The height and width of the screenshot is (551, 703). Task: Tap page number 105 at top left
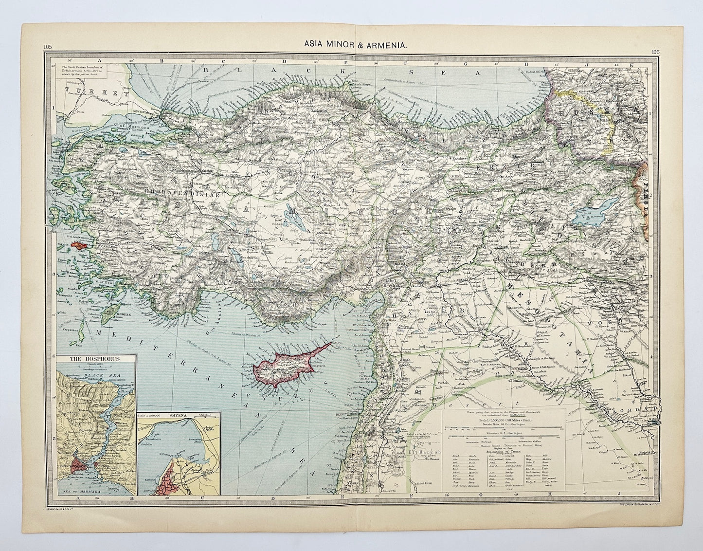(x=47, y=47)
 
